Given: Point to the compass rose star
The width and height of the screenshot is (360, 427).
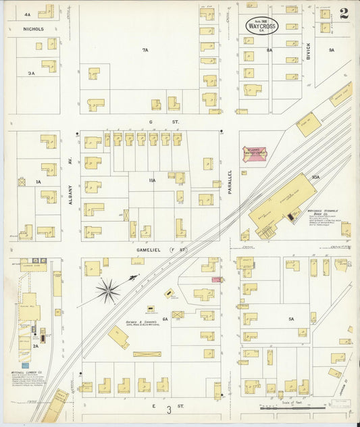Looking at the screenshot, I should tap(107, 291).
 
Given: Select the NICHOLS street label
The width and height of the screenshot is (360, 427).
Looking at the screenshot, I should tap(33, 29).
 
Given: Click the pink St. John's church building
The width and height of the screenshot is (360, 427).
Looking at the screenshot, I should tap(255, 153).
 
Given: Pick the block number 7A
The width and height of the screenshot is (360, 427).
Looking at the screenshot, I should tap(145, 50).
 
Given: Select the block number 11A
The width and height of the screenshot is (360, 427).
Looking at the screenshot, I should tap(152, 180).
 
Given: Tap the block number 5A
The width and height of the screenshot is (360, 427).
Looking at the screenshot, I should tap(292, 318).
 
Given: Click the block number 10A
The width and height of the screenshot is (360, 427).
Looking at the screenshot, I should tap(315, 177).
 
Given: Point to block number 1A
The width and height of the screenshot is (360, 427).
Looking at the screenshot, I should tap(38, 182).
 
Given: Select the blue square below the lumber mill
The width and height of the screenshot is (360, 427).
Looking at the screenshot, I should tap(25, 365).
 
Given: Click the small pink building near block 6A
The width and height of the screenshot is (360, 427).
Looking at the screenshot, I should tap(216, 279).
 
